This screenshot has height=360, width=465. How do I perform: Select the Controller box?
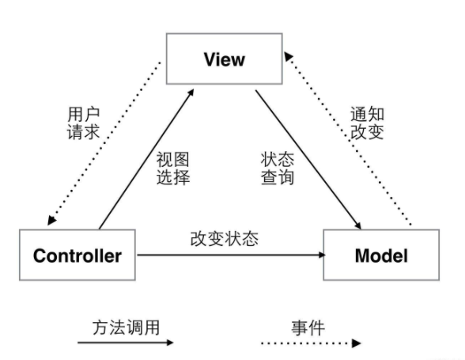coord(77,256)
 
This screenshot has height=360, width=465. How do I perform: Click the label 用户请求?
coord(83,123)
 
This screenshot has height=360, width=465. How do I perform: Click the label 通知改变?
coord(367,123)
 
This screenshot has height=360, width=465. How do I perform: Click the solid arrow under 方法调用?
coord(124,343)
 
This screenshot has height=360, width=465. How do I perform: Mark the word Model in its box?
coord(381,256)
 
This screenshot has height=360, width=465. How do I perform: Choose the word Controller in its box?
coord(77,256)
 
